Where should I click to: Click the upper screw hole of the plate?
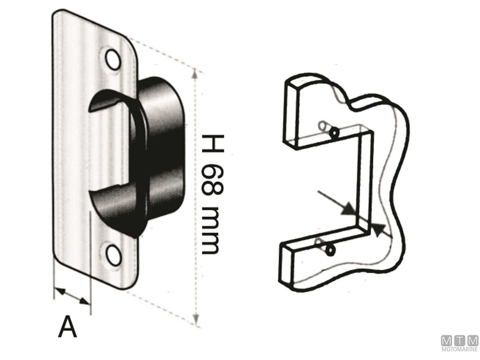pyautogui.click(x=113, y=59)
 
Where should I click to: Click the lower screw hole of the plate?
pyautogui.click(x=113, y=253)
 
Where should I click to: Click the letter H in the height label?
pyautogui.click(x=212, y=143)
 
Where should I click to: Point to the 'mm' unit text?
pyautogui.click(x=210, y=231)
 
